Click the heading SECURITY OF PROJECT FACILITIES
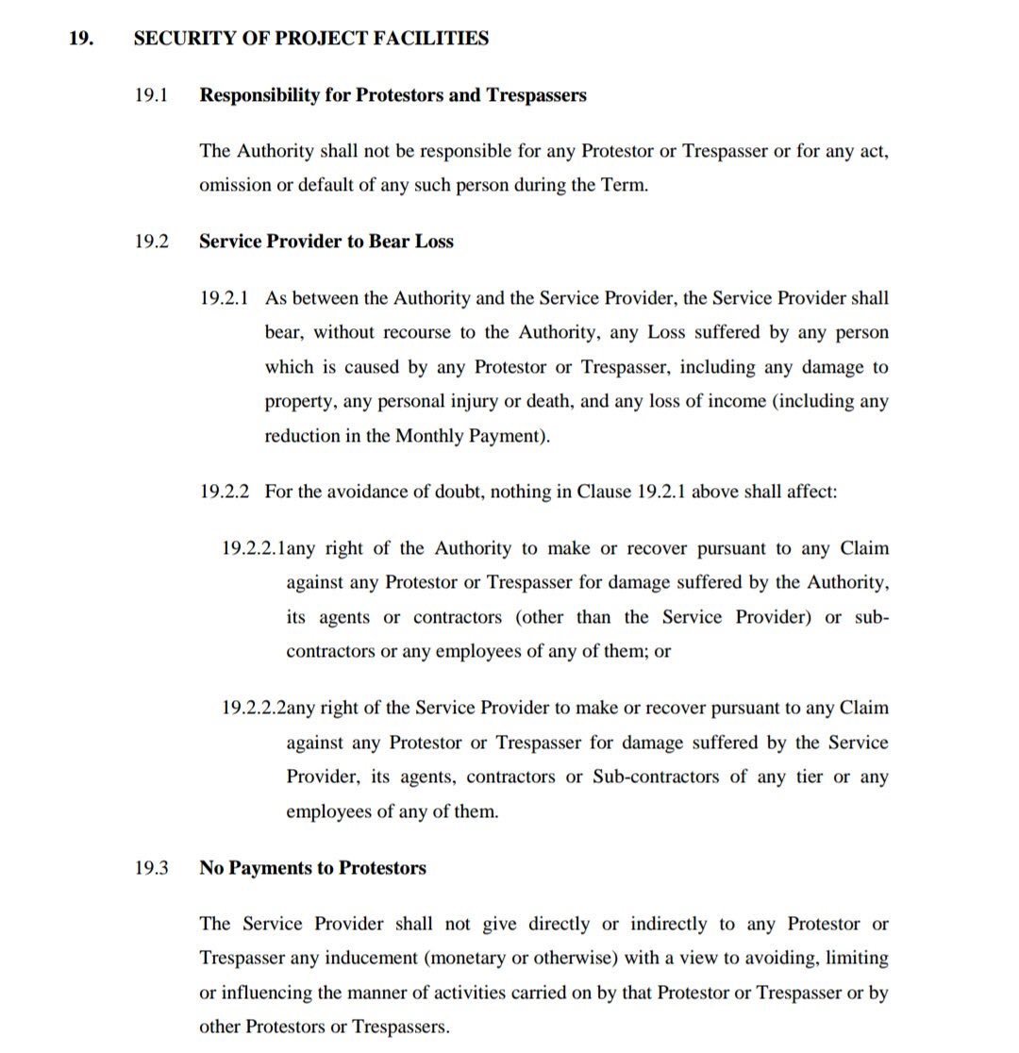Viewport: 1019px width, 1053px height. [x=310, y=39]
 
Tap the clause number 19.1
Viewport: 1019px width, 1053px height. [x=150, y=95]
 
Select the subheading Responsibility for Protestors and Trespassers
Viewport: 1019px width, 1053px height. [x=393, y=95]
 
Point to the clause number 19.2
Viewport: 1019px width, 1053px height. [x=150, y=242]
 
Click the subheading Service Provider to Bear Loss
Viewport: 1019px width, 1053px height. [x=326, y=242]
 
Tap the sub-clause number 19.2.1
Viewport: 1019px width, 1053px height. [x=225, y=298]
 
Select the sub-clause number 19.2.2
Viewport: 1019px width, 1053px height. [x=225, y=492]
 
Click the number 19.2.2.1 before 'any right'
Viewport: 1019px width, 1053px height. [x=254, y=548]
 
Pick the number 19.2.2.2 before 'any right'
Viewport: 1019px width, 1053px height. [x=254, y=708]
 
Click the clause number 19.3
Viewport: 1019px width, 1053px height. [x=150, y=868]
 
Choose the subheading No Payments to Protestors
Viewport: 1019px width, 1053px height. [x=312, y=868]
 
